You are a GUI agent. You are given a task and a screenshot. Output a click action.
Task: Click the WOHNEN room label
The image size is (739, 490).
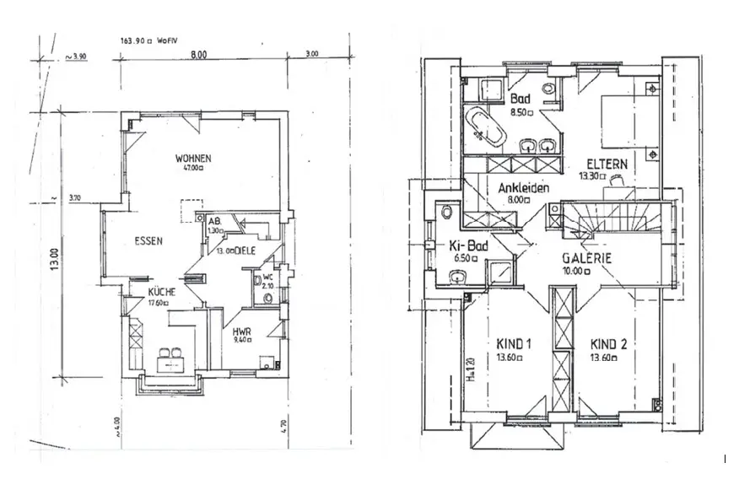coord(192,158)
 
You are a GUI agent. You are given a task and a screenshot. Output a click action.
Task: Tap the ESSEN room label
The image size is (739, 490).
coord(148,240)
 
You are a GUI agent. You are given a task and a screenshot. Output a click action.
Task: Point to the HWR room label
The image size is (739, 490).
coord(242,332)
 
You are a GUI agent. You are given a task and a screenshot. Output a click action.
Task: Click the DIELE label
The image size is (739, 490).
coord(245,251)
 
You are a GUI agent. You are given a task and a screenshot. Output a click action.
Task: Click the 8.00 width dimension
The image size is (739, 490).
coord(198,55)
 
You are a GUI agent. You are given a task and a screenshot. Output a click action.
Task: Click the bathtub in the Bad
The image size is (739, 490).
coord(483,123)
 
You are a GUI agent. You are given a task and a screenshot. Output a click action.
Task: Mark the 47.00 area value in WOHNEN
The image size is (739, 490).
coord(192,168)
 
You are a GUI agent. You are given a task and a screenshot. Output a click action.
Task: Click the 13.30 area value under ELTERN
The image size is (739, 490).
coord(594,177)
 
